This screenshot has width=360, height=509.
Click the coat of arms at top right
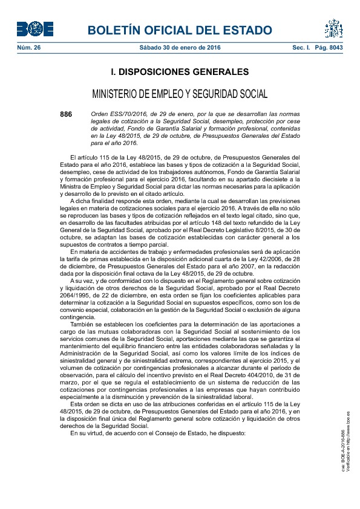pos(333,28)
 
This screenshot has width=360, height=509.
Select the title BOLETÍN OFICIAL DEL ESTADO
pos(180,31)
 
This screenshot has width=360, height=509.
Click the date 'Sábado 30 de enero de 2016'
pos(180,47)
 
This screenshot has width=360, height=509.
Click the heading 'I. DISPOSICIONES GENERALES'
pos(180,72)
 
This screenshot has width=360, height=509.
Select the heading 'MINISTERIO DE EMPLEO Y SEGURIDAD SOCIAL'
pos(180,94)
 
